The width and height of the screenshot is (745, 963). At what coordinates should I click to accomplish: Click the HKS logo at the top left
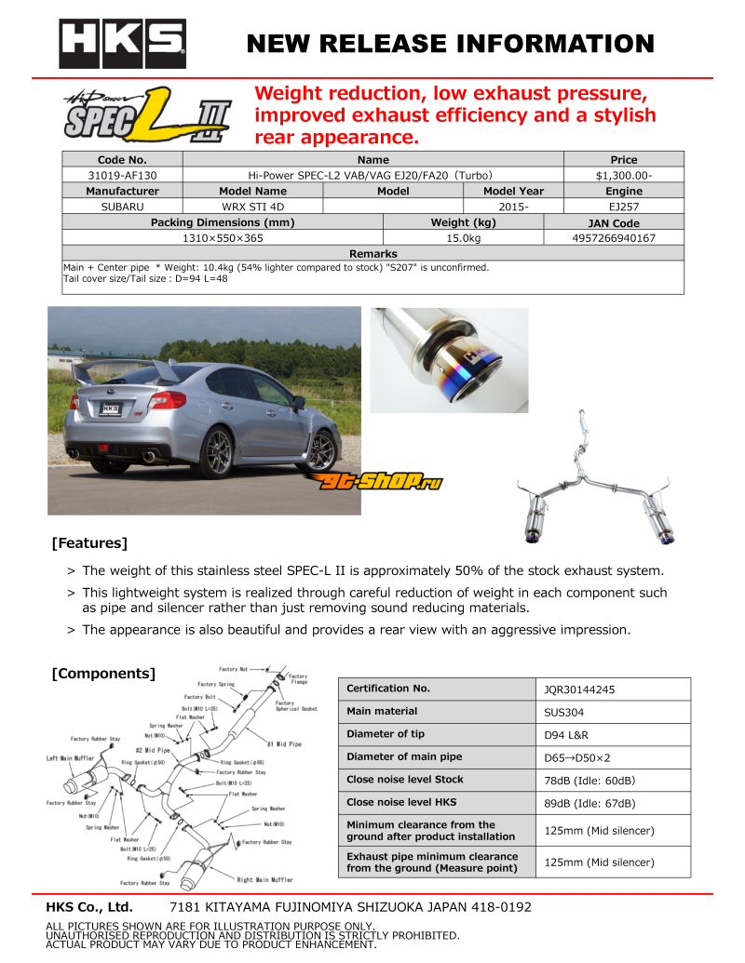tap(122, 44)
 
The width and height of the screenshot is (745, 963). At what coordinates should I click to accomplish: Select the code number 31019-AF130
tap(122, 175)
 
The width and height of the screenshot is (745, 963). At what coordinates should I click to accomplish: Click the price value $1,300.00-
tap(623, 175)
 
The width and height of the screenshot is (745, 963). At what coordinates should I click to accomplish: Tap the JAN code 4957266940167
tap(614, 238)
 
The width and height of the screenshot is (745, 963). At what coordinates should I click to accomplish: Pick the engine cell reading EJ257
tap(623, 207)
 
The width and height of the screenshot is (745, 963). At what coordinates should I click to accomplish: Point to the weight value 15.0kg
tap(463, 238)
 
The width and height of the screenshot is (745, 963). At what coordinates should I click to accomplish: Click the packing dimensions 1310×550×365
tap(223, 238)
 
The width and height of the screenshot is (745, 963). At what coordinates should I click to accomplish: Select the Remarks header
tap(372, 254)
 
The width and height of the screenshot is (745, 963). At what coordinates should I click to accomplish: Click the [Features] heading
tap(89, 542)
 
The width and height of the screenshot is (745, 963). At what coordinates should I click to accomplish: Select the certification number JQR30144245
tap(579, 690)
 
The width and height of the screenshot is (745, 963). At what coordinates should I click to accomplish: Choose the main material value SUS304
tap(565, 713)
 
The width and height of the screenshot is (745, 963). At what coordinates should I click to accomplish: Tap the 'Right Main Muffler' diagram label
tap(264, 879)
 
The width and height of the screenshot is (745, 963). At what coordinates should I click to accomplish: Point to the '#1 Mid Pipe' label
tap(284, 744)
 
